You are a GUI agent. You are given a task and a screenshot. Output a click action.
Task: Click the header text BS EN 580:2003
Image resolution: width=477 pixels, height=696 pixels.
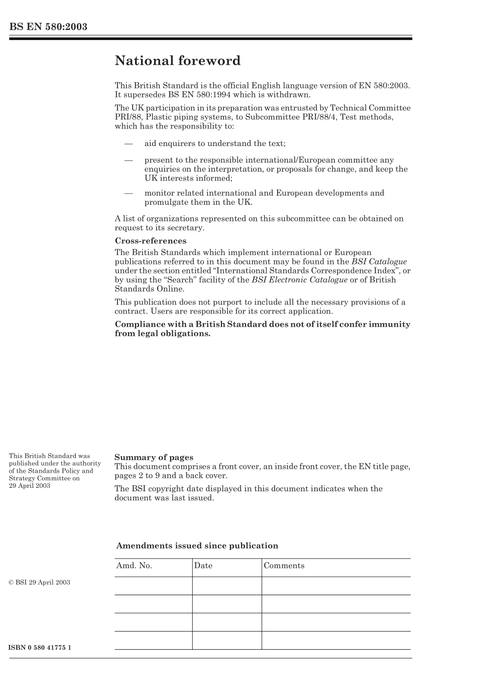[48, 27]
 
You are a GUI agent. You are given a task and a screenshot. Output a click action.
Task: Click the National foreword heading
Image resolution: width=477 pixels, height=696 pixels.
[177, 61]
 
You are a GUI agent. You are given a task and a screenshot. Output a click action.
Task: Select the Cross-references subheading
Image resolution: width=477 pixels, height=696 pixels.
[150, 241]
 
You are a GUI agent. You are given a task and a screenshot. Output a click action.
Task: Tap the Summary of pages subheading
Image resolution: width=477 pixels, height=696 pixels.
[154, 457]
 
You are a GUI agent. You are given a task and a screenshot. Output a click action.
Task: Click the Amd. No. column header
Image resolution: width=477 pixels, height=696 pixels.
[134, 566]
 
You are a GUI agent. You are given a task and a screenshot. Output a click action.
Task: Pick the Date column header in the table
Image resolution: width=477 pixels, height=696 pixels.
[203, 566]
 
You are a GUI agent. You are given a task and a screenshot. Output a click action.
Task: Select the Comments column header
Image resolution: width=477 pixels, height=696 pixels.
[284, 566]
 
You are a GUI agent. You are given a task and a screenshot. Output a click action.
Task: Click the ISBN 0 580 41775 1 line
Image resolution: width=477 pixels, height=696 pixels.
[40, 647]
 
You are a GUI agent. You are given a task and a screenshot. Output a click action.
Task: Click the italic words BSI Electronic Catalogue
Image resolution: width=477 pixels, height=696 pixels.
[299, 280]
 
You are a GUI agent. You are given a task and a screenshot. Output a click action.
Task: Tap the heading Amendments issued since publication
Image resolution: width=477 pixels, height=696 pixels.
[197, 546]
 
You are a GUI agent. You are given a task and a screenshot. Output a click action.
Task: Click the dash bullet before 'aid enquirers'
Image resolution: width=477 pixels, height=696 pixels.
[129, 144]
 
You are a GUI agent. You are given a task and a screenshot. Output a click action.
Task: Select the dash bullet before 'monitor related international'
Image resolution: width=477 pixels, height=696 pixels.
[129, 193]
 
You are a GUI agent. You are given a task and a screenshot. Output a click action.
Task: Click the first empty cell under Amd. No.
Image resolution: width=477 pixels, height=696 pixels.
[153, 586]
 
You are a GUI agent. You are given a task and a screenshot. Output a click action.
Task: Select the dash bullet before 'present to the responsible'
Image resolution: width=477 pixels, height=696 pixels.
[129, 161]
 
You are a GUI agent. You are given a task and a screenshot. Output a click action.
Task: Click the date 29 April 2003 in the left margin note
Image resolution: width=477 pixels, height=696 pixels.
[30, 486]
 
